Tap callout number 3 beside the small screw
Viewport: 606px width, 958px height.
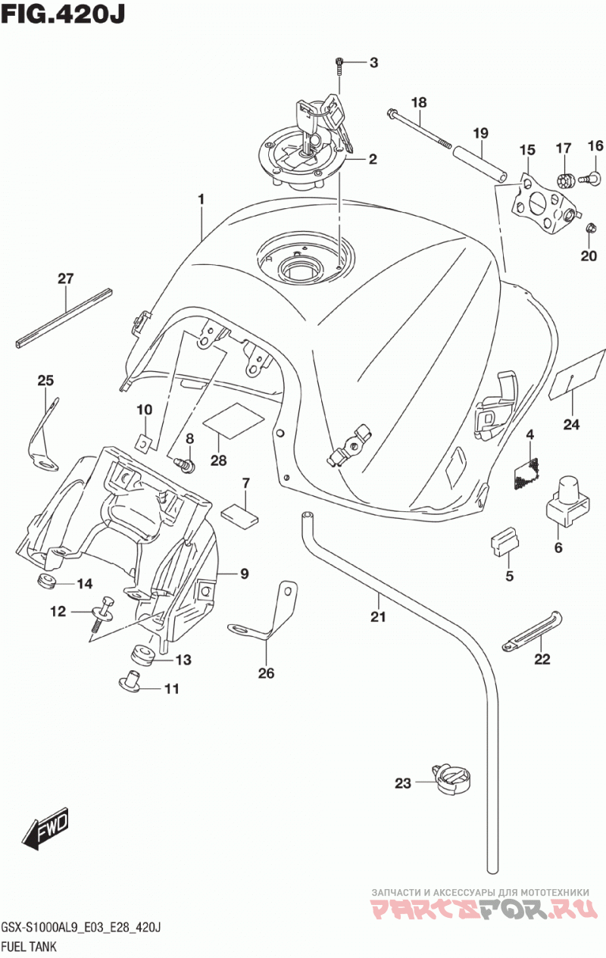pyautogui.click(x=373, y=63)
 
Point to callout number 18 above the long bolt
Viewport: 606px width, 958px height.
pyautogui.click(x=419, y=103)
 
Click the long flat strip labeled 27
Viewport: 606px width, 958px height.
pyautogui.click(x=64, y=318)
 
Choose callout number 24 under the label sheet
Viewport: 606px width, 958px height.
pyautogui.click(x=571, y=424)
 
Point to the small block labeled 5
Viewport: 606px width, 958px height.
pyautogui.click(x=504, y=543)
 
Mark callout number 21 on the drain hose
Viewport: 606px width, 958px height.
pyautogui.click(x=378, y=616)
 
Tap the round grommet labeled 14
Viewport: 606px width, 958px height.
pyautogui.click(x=45, y=580)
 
